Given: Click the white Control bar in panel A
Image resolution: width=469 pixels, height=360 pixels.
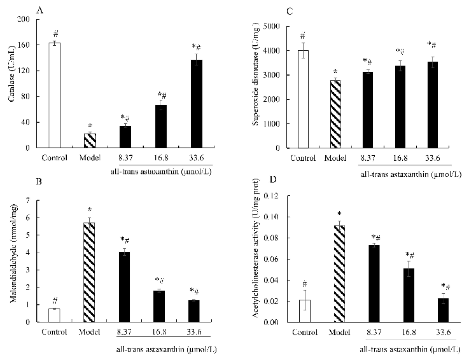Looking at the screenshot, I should [55, 95].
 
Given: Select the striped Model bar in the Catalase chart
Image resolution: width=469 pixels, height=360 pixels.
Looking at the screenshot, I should [90, 141].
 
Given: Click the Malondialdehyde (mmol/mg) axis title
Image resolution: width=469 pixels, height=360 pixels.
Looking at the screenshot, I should [11, 261].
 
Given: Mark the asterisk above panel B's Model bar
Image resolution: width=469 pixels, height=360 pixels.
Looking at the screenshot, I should [90, 210].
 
